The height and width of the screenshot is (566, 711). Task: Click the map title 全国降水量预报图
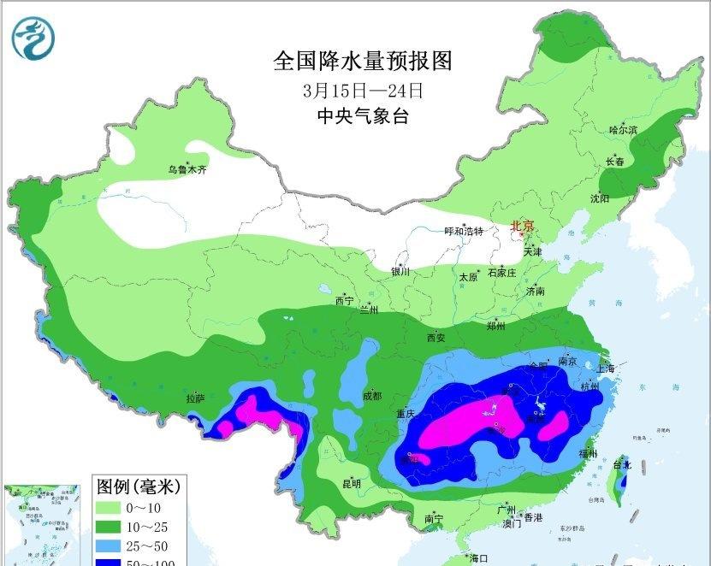coord(362,62)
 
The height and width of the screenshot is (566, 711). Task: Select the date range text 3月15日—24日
coord(362,90)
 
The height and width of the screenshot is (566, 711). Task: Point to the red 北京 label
coord(522,226)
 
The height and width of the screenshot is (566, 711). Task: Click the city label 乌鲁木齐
coord(187,170)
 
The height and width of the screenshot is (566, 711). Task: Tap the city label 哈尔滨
coord(623,130)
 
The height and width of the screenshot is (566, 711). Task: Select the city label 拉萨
coord(195,398)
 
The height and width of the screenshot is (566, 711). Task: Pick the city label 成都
coord(372,396)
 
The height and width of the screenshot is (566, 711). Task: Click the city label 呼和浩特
coord(464,232)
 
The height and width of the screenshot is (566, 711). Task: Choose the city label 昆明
coord(351,483)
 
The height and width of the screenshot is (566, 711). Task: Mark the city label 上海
coord(606,368)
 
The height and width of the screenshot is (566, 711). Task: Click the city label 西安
coord(435,338)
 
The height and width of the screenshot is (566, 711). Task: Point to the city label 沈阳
coord(600,198)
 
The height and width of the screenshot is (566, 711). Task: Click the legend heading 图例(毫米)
coord(137,486)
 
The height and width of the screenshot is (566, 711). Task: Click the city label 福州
coord(587,453)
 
